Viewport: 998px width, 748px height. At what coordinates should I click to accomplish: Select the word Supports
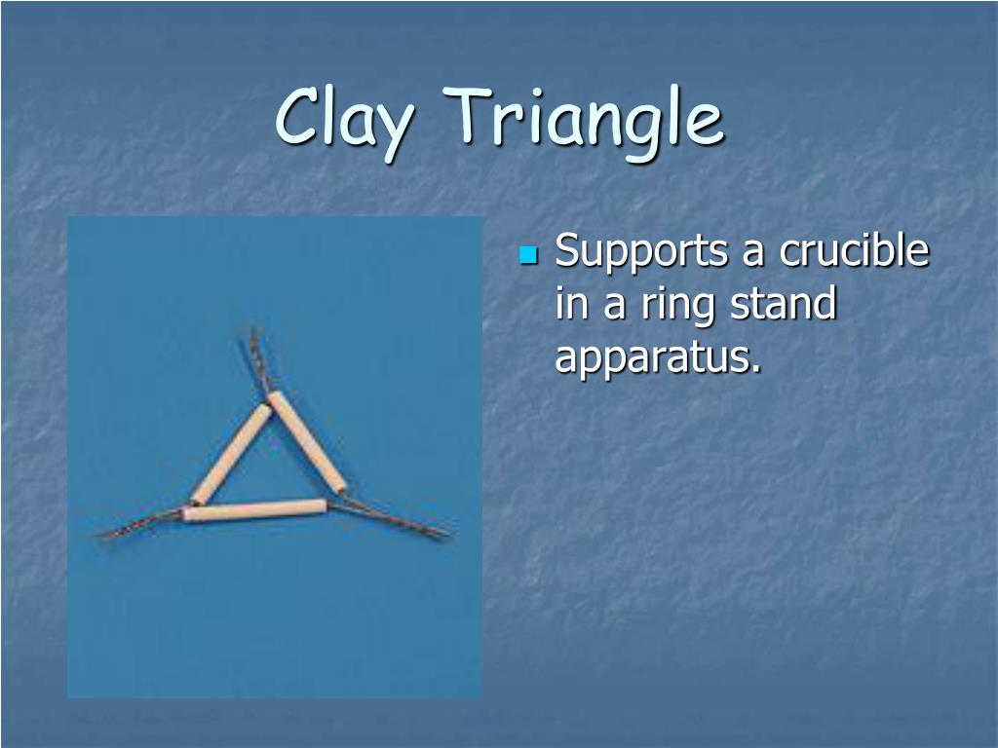click(641, 252)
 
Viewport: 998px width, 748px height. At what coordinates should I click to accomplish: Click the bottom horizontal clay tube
click(254, 510)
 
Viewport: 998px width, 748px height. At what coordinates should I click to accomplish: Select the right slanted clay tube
click(307, 442)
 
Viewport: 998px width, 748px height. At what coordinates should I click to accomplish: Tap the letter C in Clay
click(299, 117)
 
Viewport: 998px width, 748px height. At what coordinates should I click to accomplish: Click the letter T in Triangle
click(471, 115)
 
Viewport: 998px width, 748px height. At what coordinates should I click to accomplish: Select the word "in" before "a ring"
click(571, 303)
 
